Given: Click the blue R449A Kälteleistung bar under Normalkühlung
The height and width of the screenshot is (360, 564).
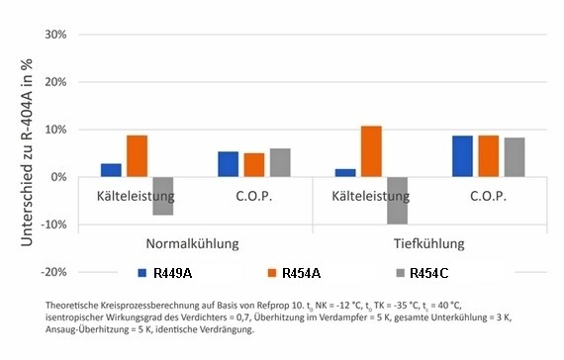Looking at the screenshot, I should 111,170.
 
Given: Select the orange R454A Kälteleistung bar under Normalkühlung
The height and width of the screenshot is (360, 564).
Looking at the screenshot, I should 138,156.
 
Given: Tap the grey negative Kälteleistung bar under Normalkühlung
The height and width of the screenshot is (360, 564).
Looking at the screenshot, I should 163,196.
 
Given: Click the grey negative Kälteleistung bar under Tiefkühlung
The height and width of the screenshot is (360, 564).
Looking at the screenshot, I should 397,201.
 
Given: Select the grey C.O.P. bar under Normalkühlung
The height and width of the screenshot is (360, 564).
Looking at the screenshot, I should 280,162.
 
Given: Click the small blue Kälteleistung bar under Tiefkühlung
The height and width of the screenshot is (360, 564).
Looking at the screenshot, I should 344,173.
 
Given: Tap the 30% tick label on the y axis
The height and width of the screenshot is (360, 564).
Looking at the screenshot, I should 51,35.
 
